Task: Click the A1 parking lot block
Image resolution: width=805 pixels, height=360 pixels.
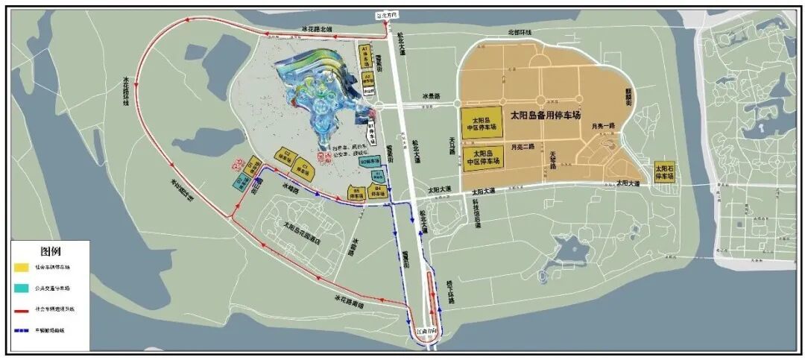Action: click(366, 53)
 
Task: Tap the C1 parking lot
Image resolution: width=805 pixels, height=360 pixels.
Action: click(304, 164)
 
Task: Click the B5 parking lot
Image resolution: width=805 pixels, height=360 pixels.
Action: click(357, 195)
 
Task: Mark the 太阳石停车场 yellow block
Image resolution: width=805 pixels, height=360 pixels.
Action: click(664, 172)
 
